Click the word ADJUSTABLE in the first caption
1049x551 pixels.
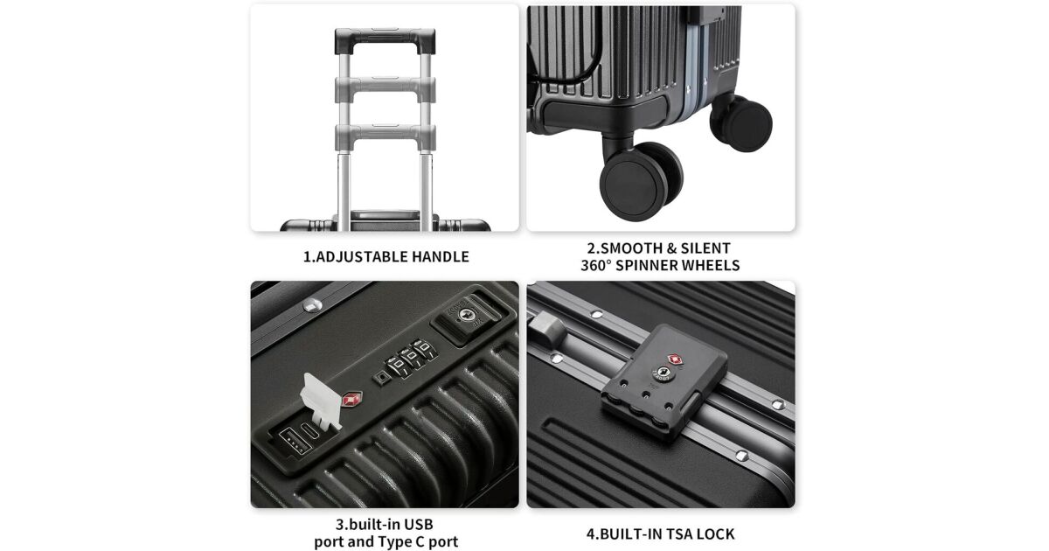coord(362,257)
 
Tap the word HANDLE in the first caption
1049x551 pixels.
coord(441,257)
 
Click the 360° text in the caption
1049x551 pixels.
coord(596,265)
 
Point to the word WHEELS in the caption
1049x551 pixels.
coord(711,265)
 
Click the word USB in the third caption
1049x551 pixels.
coord(418,524)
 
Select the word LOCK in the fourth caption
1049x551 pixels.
coord(716,534)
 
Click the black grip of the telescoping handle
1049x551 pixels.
coord(385,40)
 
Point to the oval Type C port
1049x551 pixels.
coord(309,429)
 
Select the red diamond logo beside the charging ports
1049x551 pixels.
coord(351,399)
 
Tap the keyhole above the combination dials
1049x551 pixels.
coord(464,314)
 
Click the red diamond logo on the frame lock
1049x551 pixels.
coord(675,359)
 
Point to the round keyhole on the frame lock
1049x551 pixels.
coord(663,373)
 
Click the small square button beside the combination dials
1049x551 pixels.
coord(381,377)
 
